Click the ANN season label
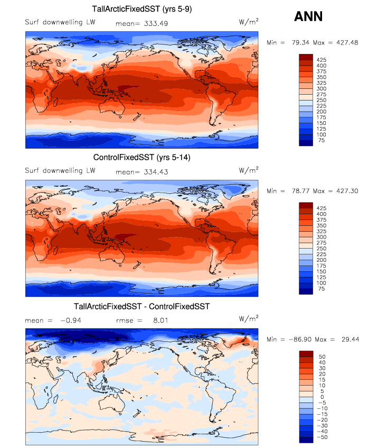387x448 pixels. pyautogui.click(x=308, y=16)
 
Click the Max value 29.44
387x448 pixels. pyautogui.click(x=347, y=339)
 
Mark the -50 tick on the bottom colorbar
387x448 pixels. pyautogui.click(x=323, y=438)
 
